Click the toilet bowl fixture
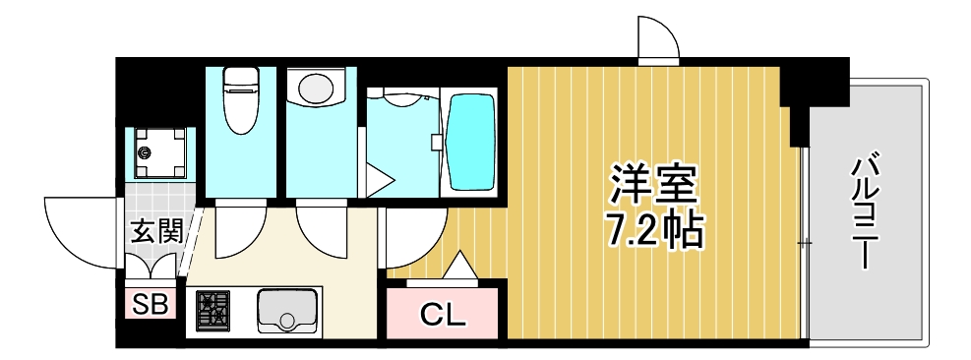point(240,103)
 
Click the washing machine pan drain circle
point(147,152)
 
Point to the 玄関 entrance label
point(156,232)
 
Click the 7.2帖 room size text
point(653,232)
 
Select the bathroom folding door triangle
point(378,180)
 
